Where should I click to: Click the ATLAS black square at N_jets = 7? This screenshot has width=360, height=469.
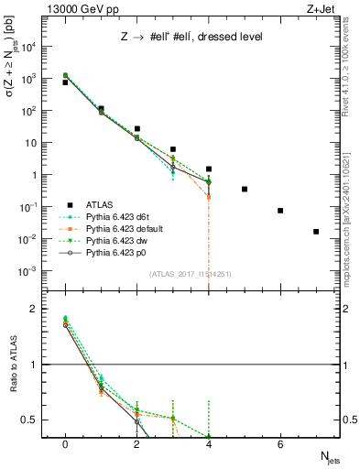click(x=316, y=232)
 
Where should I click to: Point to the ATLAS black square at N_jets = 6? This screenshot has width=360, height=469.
click(x=280, y=211)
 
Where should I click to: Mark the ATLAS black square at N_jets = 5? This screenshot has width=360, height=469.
click(x=245, y=189)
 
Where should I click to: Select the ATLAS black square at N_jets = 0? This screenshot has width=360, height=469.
click(x=65, y=82)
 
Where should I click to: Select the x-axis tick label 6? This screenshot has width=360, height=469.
click(x=280, y=444)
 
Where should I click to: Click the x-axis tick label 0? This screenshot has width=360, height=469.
click(x=65, y=444)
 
